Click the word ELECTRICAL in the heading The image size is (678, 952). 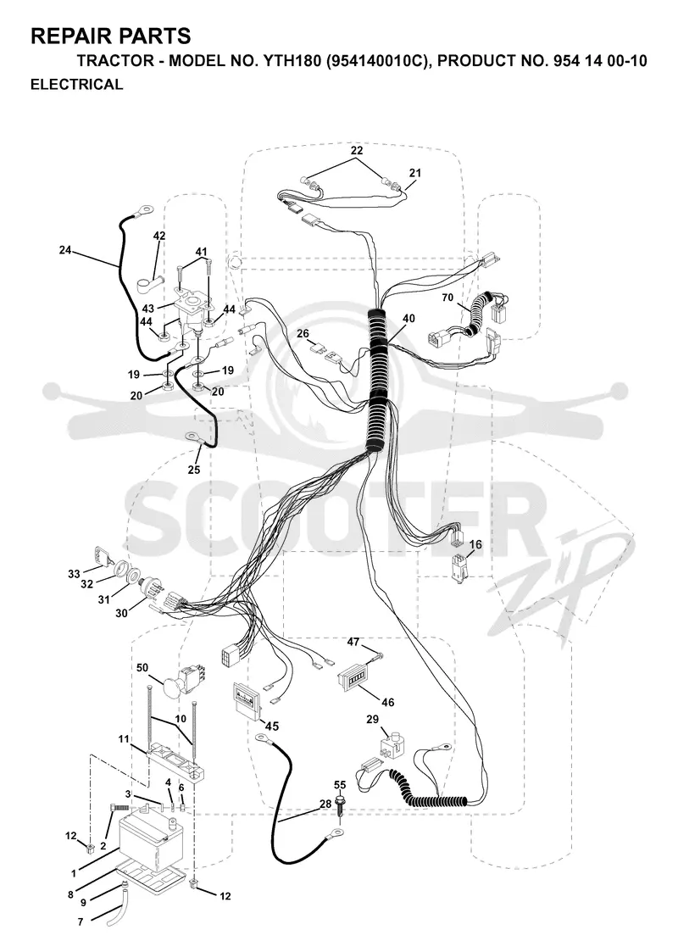tap(76, 85)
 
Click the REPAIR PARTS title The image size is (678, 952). tap(110, 36)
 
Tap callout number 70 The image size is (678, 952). tap(447, 298)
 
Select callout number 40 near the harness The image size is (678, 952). tap(408, 318)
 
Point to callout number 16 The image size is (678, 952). tap(475, 544)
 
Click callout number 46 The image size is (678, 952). tap(387, 703)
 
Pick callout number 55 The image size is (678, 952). tap(340, 784)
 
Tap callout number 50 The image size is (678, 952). tap(142, 668)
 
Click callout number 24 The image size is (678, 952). tap(66, 249)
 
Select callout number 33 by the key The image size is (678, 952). tap(74, 574)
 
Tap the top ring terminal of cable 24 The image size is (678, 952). tap(145, 210)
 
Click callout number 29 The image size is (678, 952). tap(372, 720)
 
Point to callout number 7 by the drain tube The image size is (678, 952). tap(81, 921)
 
